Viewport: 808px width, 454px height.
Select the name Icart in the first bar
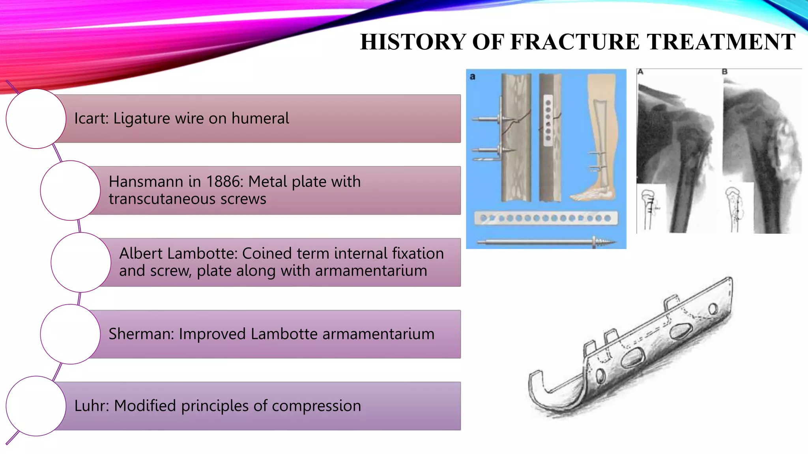click(90, 118)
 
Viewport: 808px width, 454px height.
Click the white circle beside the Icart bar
click(36, 119)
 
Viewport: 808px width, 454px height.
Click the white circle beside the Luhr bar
click(36, 406)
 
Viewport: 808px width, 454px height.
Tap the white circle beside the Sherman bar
click(70, 334)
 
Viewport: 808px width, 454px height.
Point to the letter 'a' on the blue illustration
click(473, 76)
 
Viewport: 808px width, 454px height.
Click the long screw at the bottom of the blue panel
click(546, 242)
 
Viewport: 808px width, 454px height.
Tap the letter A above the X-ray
click(640, 72)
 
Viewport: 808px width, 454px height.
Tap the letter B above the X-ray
click(724, 72)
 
